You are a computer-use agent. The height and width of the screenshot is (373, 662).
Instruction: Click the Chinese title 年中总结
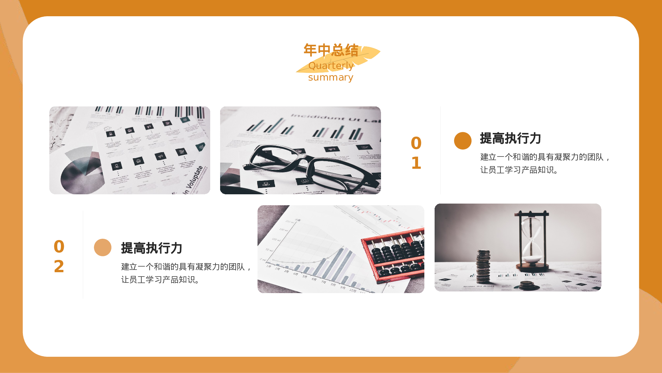point(331,50)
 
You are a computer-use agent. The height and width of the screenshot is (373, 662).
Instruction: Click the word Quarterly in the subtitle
point(331,66)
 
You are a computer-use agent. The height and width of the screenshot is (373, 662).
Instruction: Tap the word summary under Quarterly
point(331,78)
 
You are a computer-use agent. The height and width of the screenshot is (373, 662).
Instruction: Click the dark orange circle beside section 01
point(462,141)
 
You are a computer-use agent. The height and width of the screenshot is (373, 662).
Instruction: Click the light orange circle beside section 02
point(103,247)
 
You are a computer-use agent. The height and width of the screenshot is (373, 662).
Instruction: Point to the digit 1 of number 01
point(416,163)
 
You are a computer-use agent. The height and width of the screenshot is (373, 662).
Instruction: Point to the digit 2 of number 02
point(59,267)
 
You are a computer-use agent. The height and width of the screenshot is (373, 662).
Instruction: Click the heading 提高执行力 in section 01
point(510,138)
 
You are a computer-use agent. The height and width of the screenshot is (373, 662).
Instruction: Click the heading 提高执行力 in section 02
point(152,248)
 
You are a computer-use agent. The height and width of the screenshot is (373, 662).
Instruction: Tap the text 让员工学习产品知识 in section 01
point(519,170)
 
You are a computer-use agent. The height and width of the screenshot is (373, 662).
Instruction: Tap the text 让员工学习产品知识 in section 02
point(160,280)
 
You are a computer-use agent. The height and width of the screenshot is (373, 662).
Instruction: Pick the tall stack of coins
point(483,267)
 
